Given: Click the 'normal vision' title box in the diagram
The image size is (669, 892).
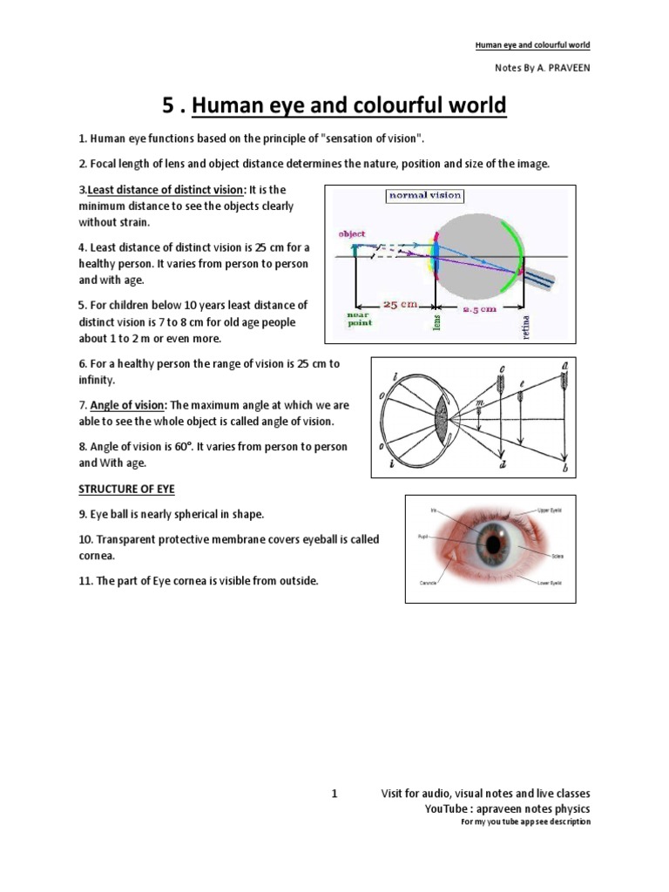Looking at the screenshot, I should point(425,196).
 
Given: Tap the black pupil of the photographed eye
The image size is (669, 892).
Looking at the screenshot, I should point(494,545).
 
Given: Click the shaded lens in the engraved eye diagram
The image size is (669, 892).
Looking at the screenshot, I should point(441,416).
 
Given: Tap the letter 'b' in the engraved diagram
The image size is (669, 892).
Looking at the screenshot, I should point(566,471).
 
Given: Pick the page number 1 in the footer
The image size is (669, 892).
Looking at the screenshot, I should point(333,794).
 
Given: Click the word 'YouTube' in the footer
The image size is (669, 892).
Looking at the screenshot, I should point(445,808).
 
